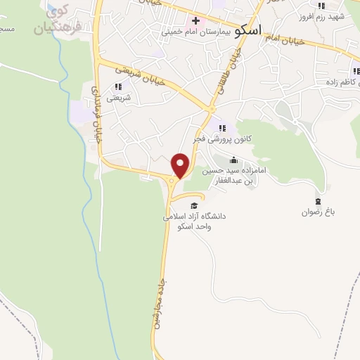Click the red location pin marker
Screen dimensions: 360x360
181,165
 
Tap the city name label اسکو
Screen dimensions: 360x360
250,30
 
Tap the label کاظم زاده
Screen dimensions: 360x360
337,82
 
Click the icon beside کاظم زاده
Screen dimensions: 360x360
356,70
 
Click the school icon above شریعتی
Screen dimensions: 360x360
117,86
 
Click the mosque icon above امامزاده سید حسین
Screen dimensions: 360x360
233,160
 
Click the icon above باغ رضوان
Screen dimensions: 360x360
318,201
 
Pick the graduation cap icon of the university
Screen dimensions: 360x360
194,205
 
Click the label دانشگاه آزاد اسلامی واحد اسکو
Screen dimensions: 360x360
193,221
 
